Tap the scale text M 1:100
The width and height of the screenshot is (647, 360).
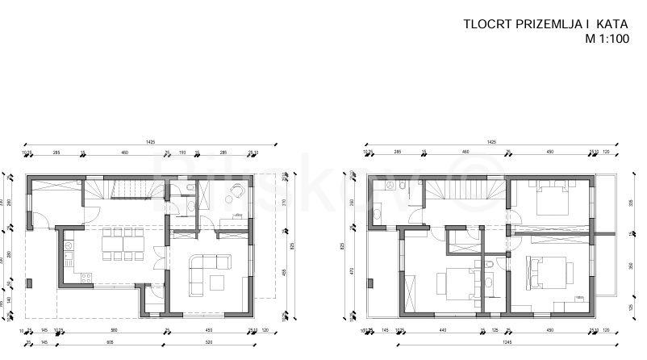tap(607, 38)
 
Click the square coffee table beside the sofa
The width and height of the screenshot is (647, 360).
tap(219, 282)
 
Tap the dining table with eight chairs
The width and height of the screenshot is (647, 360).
tap(121, 245)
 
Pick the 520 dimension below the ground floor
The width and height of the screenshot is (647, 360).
tap(206, 343)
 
